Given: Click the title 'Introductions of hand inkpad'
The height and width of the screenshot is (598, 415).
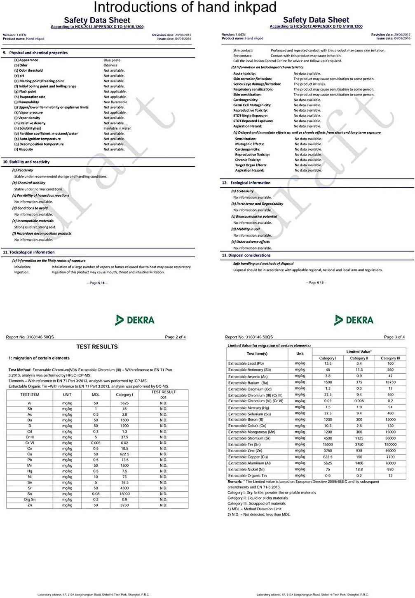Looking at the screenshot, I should pos(185,7).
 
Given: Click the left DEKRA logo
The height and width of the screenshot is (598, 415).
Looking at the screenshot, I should pos(135,320).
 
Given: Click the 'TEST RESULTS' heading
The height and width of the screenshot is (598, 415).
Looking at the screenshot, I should pos(97,347).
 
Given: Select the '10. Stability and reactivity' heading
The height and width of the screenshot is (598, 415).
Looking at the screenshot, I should pos(26,162).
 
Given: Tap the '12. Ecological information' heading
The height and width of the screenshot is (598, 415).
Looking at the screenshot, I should pos(246,183).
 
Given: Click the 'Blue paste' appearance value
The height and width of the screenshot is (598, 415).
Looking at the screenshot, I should pos(112,60).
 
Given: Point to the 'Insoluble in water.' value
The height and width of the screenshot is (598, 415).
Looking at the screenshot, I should pos(117,128).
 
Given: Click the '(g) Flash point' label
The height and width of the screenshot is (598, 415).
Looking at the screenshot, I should pos(26,92).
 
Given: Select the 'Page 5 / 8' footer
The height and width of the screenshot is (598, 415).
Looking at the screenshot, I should pos(97,283).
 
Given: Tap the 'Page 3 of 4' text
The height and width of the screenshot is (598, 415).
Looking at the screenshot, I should pos(394,337).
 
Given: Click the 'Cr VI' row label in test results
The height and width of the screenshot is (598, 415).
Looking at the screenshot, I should pos(30,443).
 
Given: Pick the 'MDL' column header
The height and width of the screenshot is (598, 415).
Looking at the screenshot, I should pos(96,395).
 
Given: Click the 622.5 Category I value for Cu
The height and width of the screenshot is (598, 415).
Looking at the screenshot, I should pos(124,454).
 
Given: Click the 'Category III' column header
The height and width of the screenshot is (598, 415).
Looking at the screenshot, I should pos(390,358).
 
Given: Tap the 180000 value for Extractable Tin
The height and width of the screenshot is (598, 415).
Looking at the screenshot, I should pos(390,444).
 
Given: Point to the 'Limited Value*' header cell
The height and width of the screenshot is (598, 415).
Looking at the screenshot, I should pos(359,352).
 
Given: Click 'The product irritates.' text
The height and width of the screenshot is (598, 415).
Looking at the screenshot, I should pos(309,84).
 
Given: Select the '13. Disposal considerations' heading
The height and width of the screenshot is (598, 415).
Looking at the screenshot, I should pos(246,256).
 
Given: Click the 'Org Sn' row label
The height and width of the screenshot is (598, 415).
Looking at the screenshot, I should pos(30,500).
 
